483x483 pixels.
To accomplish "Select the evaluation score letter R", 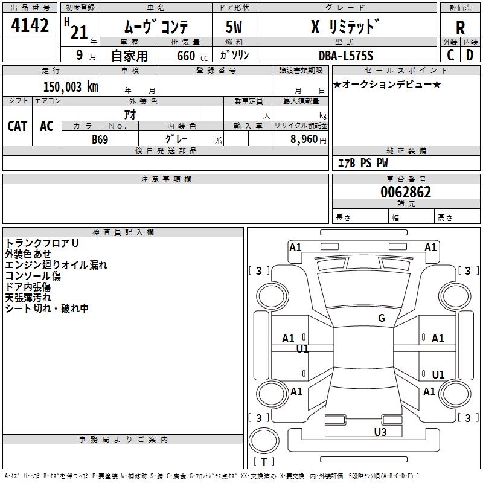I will pos(460,28).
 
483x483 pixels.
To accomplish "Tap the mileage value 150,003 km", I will pos(71,87).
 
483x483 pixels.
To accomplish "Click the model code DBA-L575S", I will pos(346,56).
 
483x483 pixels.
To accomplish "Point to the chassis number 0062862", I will pos(406,192).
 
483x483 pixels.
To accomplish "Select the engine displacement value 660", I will pos(186,56).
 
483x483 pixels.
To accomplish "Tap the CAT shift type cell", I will pos(17,126).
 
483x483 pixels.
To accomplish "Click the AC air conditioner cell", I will pos(46,126).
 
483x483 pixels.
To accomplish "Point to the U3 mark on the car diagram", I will pos(380,432).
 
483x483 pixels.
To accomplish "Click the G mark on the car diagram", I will pos(381,318).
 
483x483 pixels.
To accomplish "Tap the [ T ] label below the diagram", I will pos(264,462).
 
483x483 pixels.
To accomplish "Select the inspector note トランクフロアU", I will pos(42,243).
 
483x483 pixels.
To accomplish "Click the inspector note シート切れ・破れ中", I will pos(47,308).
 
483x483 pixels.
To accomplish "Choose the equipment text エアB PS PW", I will pos(363,163).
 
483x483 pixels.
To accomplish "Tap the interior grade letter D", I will pos(470,54).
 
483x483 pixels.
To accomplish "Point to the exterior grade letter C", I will pos(450,54).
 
